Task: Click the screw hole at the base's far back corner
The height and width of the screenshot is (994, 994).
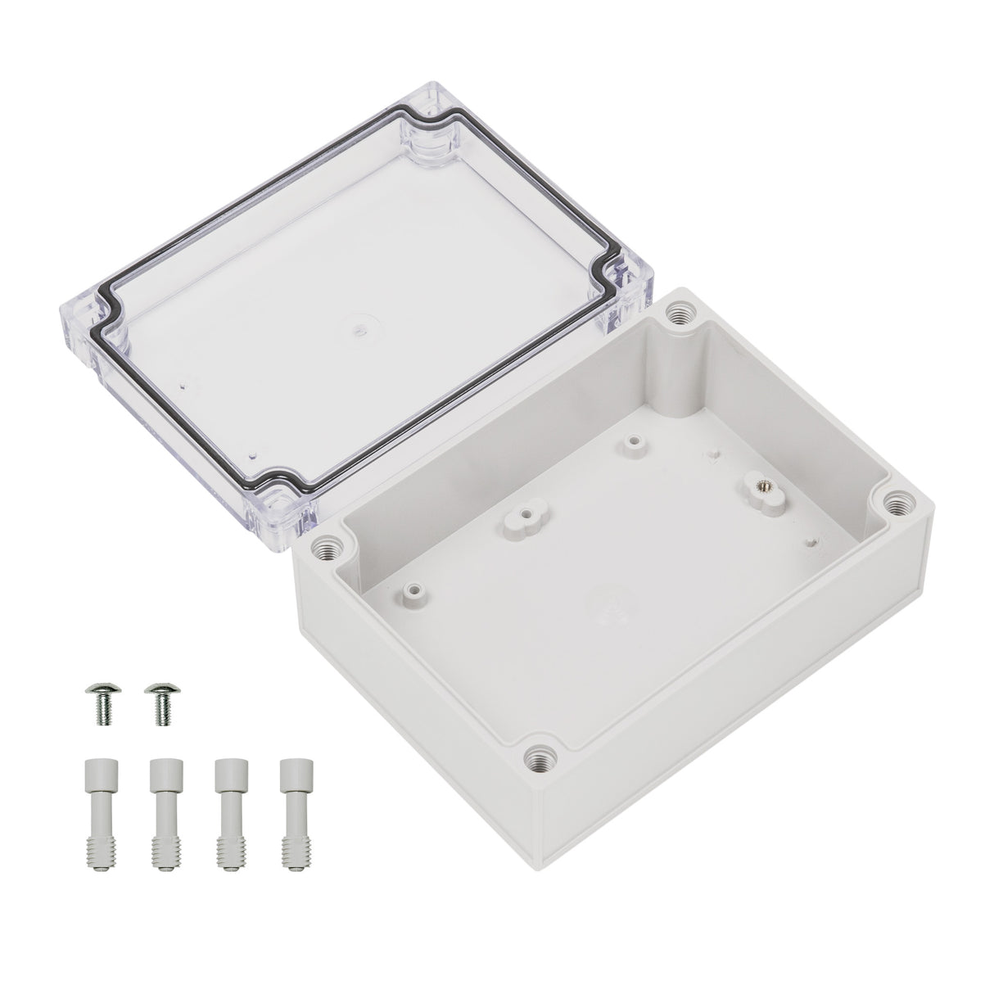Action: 678,313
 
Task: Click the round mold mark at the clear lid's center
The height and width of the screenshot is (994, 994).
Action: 358,331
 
